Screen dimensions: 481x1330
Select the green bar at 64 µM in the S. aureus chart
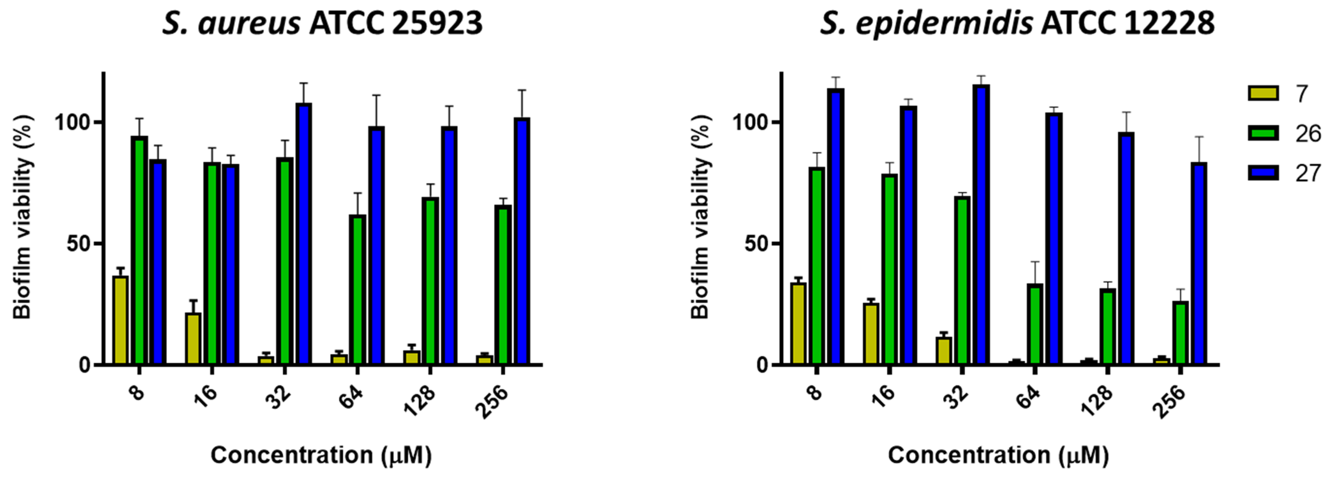357,289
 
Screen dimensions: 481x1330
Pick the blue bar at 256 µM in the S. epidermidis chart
1199,264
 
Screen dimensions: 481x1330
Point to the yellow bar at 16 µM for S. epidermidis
871,333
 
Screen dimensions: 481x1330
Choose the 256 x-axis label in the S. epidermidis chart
1170,402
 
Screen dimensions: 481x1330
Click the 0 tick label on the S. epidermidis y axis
763,365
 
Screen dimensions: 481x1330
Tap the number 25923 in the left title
437,24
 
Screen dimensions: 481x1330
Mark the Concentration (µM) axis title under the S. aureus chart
321,455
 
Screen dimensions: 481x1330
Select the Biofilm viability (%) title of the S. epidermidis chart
700,217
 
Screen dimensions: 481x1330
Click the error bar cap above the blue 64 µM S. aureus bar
377,95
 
